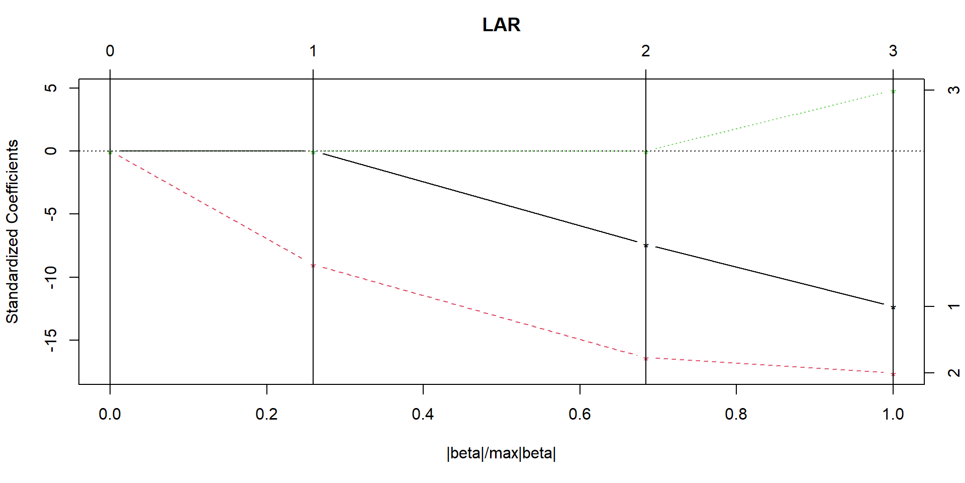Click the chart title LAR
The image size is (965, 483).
tap(501, 25)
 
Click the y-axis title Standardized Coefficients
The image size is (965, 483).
tap(12, 231)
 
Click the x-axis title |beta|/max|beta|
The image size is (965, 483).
tap(501, 453)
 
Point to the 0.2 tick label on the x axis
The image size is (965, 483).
tap(266, 414)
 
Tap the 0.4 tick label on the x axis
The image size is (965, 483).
tap(423, 414)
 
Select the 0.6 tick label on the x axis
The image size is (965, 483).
tap(580, 414)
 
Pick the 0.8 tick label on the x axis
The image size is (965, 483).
tap(736, 414)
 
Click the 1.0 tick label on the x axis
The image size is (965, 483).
tap(893, 414)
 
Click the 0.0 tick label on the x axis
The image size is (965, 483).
tap(110, 414)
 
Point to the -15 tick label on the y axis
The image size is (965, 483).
tap(51, 340)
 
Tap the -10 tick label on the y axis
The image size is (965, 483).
tap(51, 277)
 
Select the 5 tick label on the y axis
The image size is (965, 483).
tap(51, 88)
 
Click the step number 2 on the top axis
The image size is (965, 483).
tap(645, 51)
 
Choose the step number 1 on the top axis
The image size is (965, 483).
tap(313, 51)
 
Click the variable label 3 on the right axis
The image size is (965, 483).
tap(953, 90)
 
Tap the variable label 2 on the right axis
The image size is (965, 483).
tap(953, 373)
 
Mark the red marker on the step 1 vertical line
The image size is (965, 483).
tap(313, 266)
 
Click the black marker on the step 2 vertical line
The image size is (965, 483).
tap(646, 246)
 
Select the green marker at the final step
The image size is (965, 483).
tap(893, 92)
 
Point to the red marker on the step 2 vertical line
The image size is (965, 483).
tap(646, 359)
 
